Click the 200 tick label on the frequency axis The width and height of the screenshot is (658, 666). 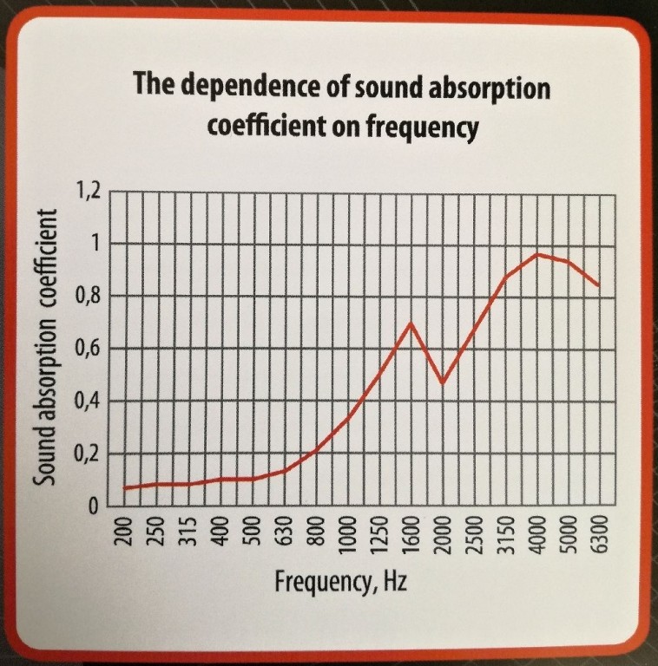(x=126, y=531)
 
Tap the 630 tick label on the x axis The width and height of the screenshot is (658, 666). (x=284, y=531)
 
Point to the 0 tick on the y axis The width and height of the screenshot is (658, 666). (x=97, y=506)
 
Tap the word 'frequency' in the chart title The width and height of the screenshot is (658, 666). (x=423, y=127)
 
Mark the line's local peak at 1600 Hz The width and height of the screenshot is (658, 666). (x=411, y=323)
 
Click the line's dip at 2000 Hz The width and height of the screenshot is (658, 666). (x=442, y=382)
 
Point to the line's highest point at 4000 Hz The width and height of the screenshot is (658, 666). (x=537, y=253)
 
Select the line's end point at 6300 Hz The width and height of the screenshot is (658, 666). (x=600, y=285)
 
